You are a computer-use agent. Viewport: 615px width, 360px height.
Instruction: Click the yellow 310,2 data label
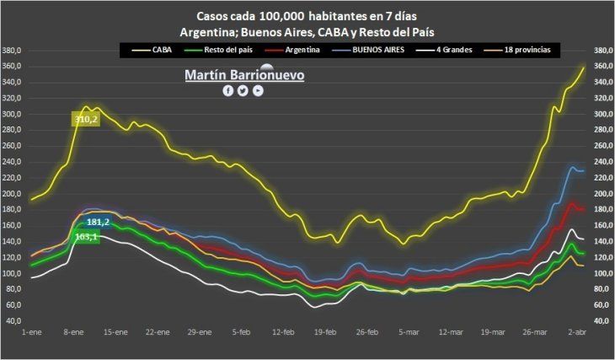[x=85, y=120]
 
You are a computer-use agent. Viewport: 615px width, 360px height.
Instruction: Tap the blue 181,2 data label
[x=99, y=222]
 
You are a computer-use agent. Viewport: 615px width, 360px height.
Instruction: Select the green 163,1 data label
[x=87, y=237]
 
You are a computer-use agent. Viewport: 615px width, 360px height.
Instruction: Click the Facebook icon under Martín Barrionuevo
[x=227, y=90]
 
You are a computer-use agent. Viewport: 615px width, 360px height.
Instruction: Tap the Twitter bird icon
[x=243, y=90]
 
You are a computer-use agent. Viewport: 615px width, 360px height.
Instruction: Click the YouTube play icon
[x=258, y=90]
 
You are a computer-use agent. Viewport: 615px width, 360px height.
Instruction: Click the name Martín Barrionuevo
[x=244, y=75]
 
